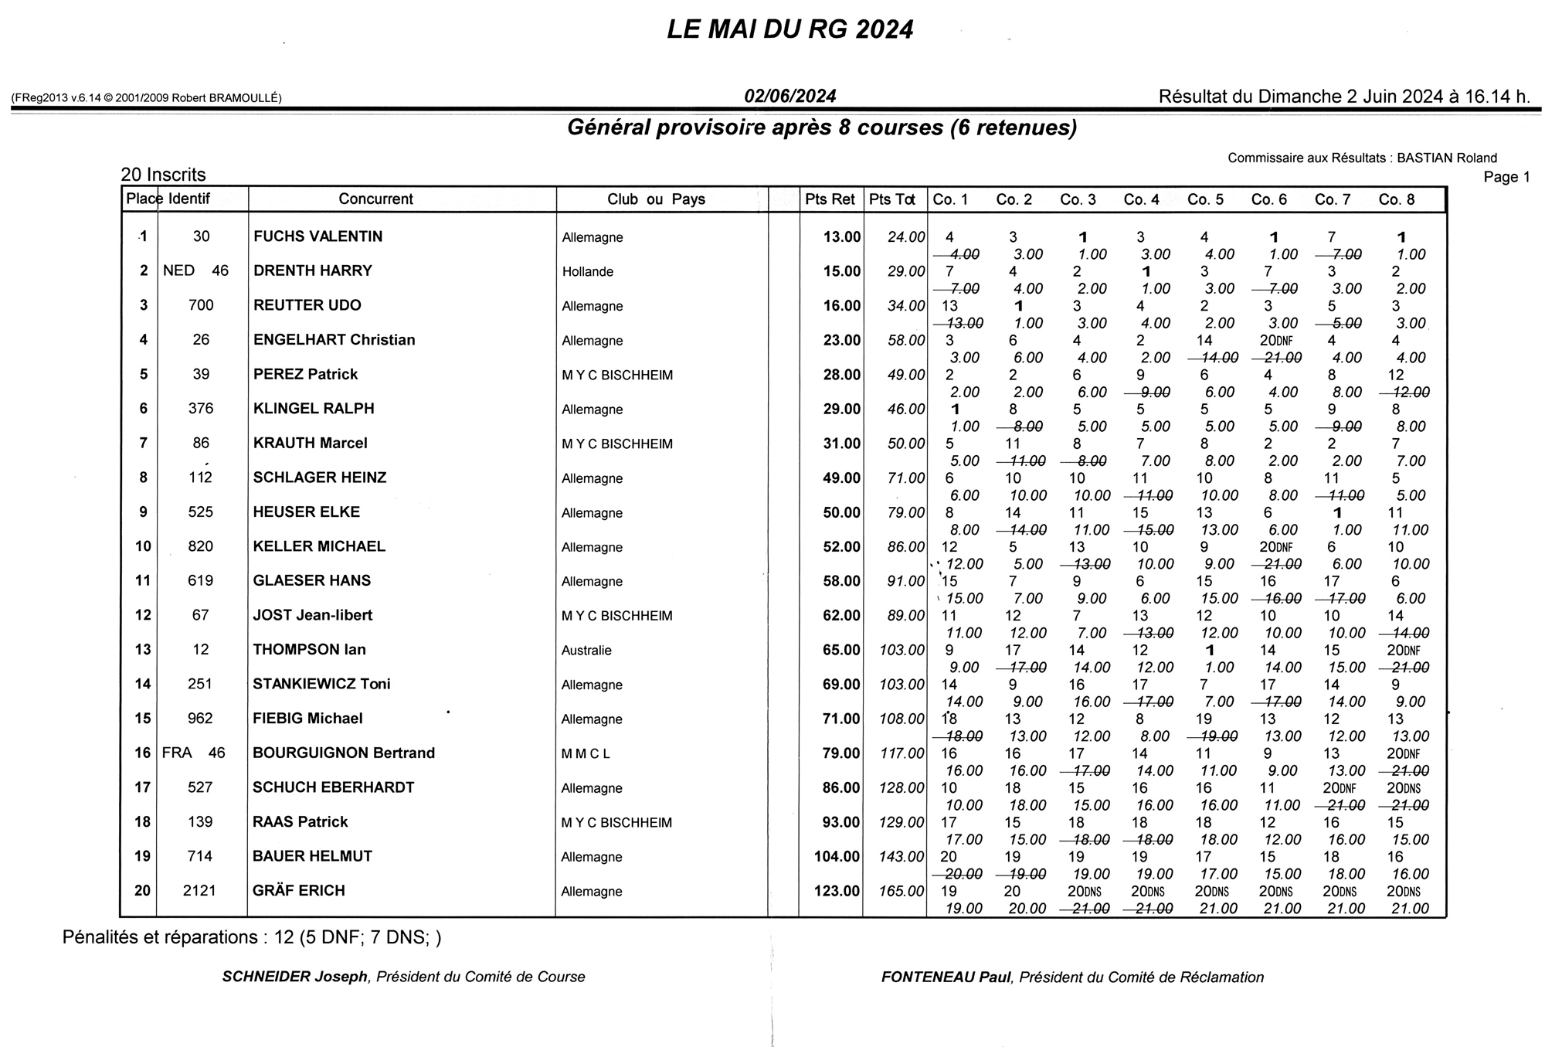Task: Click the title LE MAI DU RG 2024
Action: tap(789, 30)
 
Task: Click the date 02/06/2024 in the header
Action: tap(789, 97)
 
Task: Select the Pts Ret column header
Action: tap(830, 199)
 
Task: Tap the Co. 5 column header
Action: tap(1205, 199)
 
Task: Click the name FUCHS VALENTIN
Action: tap(317, 236)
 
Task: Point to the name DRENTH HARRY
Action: tap(312, 271)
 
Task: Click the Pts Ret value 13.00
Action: tap(841, 237)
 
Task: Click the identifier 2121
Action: tap(199, 891)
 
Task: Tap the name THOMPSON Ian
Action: tap(309, 650)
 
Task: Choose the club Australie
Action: tap(586, 651)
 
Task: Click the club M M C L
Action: tap(586, 754)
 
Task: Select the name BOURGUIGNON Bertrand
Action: tap(344, 753)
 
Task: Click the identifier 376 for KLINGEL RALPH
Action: tap(201, 409)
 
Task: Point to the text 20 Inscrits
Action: tap(163, 175)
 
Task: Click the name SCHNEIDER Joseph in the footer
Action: tap(294, 977)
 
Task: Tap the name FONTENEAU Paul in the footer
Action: tap(946, 977)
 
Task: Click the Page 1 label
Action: tap(1506, 177)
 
